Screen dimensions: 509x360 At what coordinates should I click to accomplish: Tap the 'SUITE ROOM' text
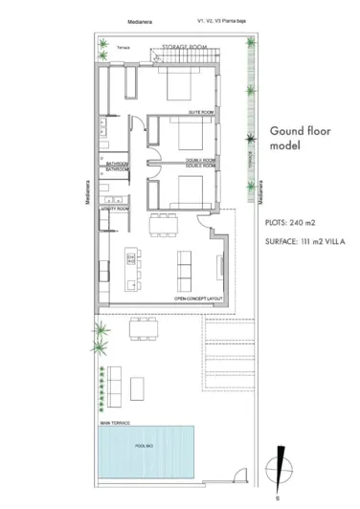pos(199,112)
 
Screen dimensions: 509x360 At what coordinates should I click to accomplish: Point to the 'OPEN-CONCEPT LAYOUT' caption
pos(198,299)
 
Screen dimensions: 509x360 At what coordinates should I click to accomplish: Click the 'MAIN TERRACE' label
pos(115,421)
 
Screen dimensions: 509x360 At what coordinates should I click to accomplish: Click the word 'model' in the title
pos(284,147)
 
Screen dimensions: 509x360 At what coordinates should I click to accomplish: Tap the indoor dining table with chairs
pos(163,226)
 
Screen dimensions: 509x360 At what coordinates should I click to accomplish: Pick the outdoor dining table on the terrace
pos(145,331)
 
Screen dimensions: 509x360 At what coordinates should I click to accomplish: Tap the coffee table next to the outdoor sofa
pos(139,386)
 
